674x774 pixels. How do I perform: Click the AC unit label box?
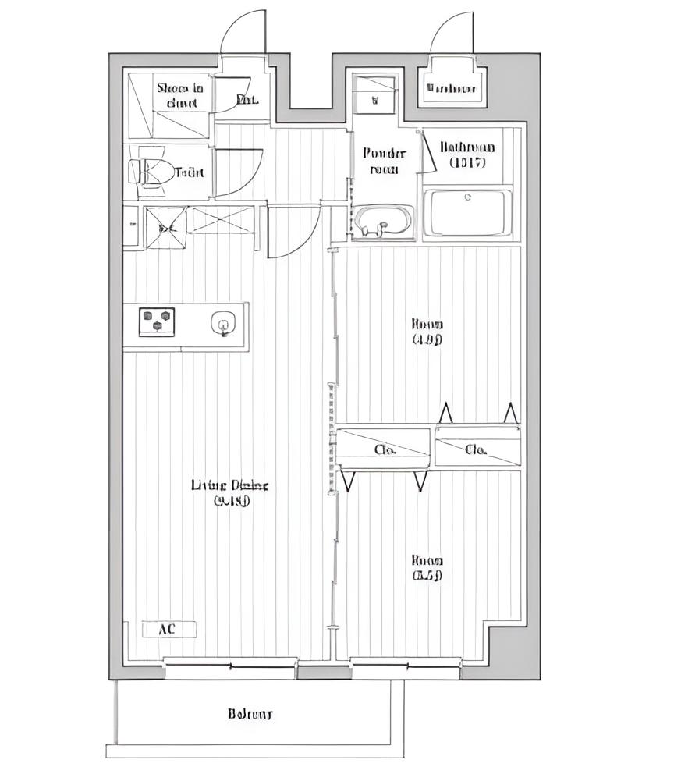coord(168,629)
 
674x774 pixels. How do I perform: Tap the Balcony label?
coord(250,713)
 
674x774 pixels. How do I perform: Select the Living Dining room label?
coord(229,492)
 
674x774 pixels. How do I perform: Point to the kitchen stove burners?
coord(157,321)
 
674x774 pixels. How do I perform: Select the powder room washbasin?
coord(382,220)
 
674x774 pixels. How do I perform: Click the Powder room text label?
coord(385,161)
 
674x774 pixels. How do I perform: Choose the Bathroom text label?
coord(467,154)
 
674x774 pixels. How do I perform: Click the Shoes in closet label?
coord(180,95)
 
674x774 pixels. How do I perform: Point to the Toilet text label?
coord(190,172)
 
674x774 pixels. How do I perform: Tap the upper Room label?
coord(427,331)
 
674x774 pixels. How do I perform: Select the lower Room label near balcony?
coord(427,568)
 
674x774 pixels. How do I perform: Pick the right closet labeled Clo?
coord(476,449)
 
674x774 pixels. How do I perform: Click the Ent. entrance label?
coord(247,99)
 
